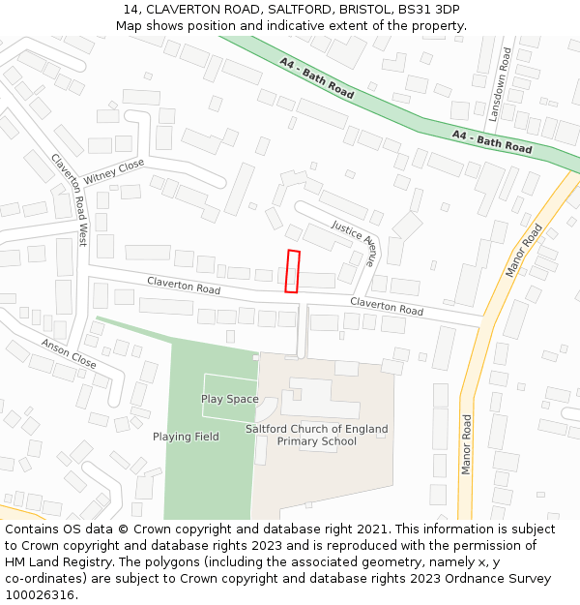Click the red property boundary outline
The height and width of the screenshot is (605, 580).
[293, 271]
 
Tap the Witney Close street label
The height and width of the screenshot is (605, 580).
[113, 172]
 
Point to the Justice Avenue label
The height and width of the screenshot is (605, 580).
[354, 242]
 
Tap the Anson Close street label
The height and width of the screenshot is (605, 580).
[69, 353]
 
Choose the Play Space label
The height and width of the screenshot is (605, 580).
[229, 399]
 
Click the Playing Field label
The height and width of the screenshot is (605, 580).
[186, 437]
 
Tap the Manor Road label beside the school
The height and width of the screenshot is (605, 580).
[466, 444]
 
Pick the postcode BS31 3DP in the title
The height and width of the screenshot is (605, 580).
[428, 10]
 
